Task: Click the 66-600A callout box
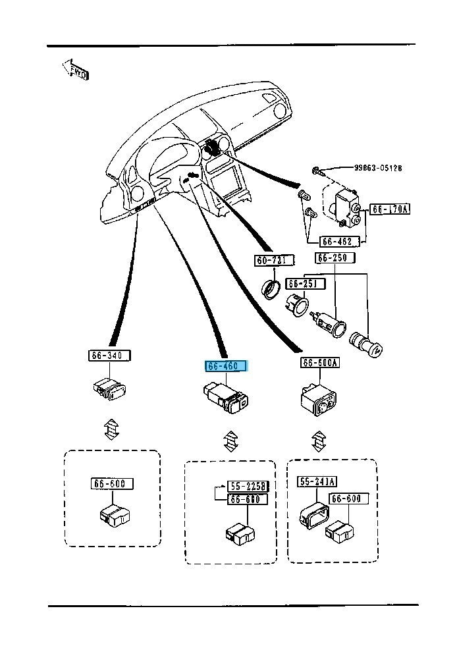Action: coord(321,363)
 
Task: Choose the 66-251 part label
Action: coord(304,283)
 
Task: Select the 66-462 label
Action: coord(340,241)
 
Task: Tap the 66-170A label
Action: coord(390,209)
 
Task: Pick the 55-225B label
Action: coord(249,487)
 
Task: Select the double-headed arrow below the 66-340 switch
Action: coord(111,429)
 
